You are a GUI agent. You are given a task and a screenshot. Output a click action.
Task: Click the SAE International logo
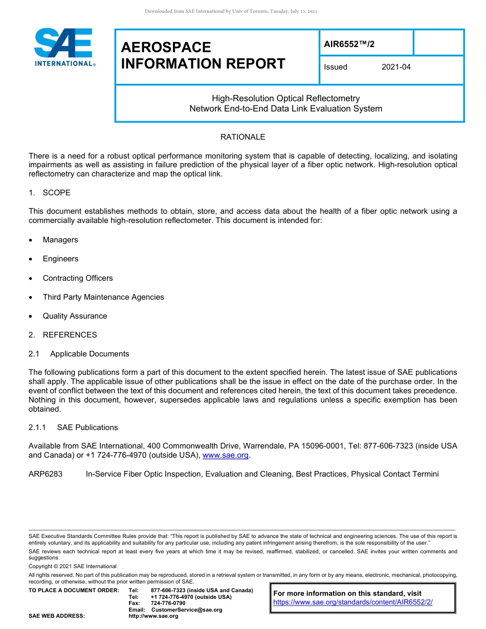[x=64, y=48]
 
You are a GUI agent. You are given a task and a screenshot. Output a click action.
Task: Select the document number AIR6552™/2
[x=349, y=44]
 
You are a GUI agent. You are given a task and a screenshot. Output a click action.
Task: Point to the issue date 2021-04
[x=396, y=67]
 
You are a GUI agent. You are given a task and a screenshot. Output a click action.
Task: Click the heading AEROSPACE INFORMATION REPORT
[x=203, y=55]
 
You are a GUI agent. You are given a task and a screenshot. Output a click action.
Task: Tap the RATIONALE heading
[x=242, y=137]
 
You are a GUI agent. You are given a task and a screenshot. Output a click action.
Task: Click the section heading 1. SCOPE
[x=50, y=193]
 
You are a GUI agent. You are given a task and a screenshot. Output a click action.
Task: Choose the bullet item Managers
[x=60, y=240]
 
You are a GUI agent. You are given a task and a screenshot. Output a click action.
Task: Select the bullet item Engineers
[x=61, y=259]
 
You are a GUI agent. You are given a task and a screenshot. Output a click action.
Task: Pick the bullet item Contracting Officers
[x=78, y=278]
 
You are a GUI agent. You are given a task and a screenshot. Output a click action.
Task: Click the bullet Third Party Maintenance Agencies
[x=103, y=297]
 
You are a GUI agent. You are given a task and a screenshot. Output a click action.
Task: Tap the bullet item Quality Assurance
[x=75, y=316]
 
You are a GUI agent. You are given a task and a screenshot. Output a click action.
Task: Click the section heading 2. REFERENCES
[x=63, y=335]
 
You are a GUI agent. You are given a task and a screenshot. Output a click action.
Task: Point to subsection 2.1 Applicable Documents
[x=79, y=354]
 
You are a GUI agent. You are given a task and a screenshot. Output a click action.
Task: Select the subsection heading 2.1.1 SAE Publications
[x=74, y=428]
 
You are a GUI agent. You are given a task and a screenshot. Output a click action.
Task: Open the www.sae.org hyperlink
[x=226, y=455]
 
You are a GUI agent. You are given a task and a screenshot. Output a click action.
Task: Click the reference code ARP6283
[x=46, y=474]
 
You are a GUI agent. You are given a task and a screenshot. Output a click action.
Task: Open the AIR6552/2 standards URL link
[x=353, y=602]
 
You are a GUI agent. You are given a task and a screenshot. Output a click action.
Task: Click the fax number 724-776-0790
[x=168, y=603]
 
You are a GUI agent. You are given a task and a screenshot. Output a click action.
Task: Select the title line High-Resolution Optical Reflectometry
[x=286, y=98]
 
